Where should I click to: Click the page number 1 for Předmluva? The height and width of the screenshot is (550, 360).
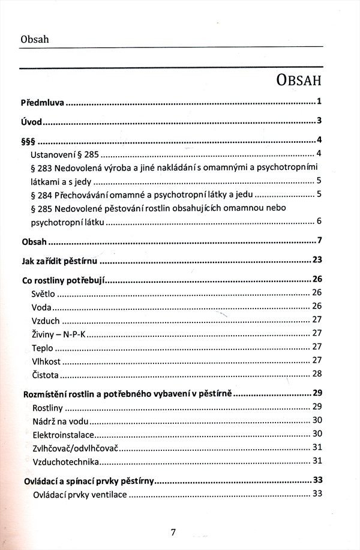point(320,101)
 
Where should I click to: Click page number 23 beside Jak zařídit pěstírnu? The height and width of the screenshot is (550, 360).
point(317,260)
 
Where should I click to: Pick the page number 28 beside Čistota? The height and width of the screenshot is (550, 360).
point(317,374)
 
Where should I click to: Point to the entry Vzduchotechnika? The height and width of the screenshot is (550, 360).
point(65,462)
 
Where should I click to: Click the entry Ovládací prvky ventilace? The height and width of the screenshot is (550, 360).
point(79,495)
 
